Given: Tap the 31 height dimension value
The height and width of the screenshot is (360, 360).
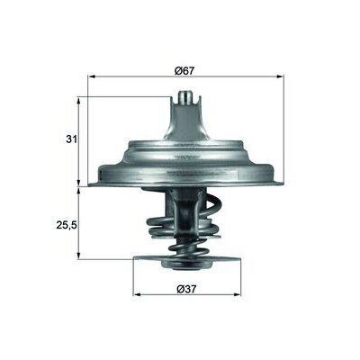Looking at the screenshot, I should [x=69, y=140].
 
